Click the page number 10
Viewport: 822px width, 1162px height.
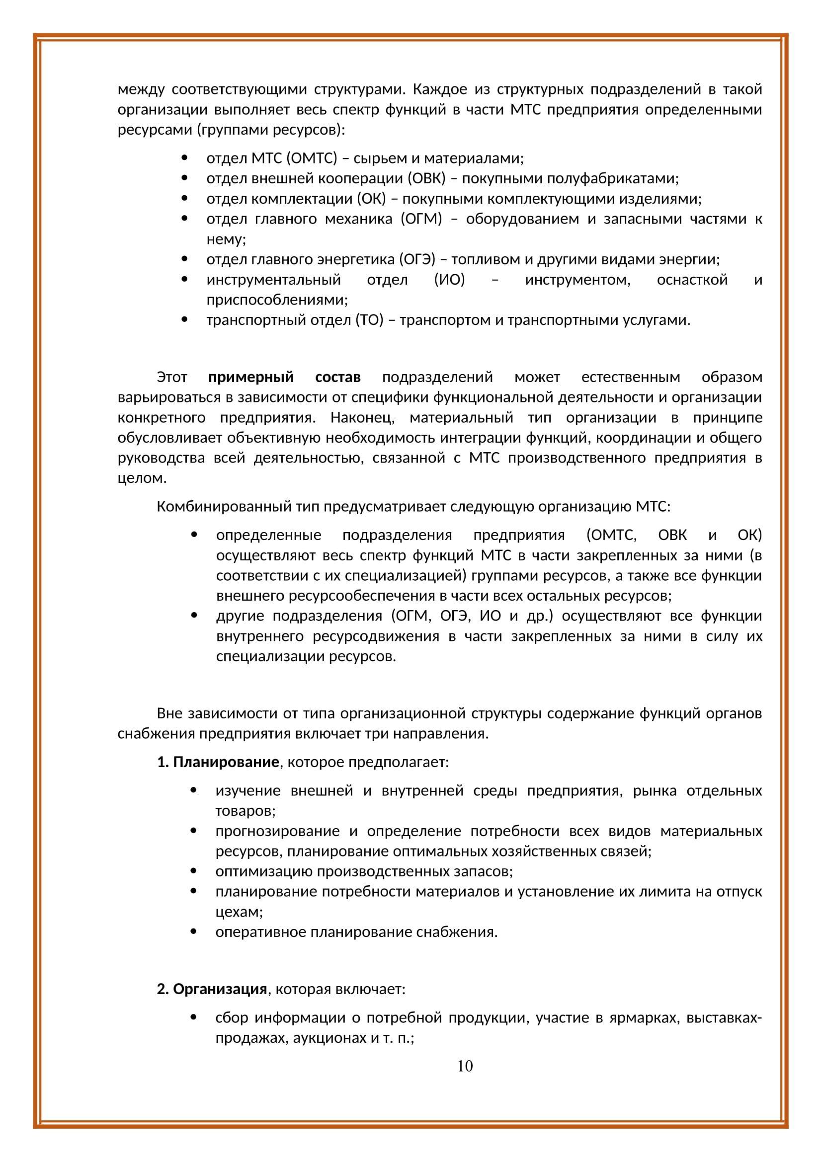[x=465, y=1066]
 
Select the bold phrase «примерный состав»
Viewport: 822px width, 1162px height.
[x=284, y=377]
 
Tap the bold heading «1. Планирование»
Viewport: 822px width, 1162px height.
[x=218, y=762]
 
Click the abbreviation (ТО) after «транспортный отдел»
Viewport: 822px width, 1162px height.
[x=369, y=320]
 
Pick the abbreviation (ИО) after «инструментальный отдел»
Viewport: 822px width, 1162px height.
[x=449, y=279]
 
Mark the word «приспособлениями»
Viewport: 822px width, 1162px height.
[x=277, y=300]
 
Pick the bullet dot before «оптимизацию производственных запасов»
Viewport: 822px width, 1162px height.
[x=193, y=871]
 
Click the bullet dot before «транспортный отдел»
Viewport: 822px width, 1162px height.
[x=184, y=320]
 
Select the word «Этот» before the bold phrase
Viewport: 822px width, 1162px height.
[x=172, y=377]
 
